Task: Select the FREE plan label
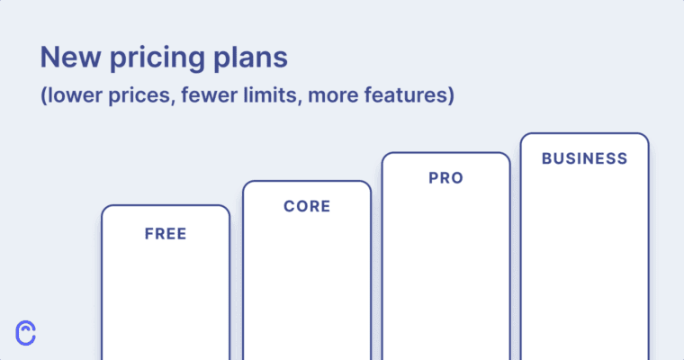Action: [166, 234]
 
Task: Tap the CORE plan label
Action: [307, 206]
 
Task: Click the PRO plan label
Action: [445, 178]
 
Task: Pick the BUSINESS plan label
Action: [584, 158]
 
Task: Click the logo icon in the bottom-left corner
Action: [27, 332]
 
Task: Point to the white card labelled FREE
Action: [166, 297]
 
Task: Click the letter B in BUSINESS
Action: [546, 158]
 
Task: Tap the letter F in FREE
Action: [149, 234]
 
